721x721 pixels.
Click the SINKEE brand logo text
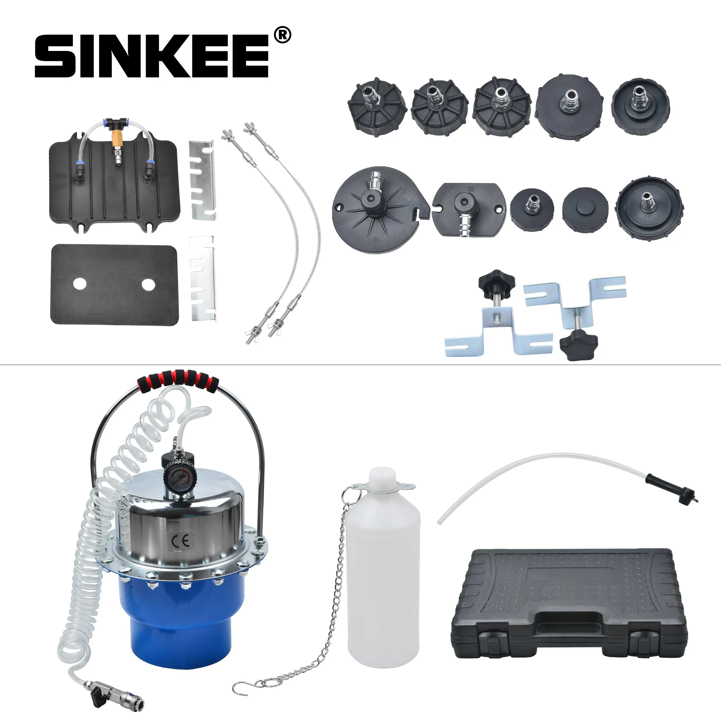click(151, 56)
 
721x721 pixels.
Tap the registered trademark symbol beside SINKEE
click(282, 36)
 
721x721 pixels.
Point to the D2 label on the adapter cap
click(471, 189)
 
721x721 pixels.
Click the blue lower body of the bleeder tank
click(175, 620)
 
